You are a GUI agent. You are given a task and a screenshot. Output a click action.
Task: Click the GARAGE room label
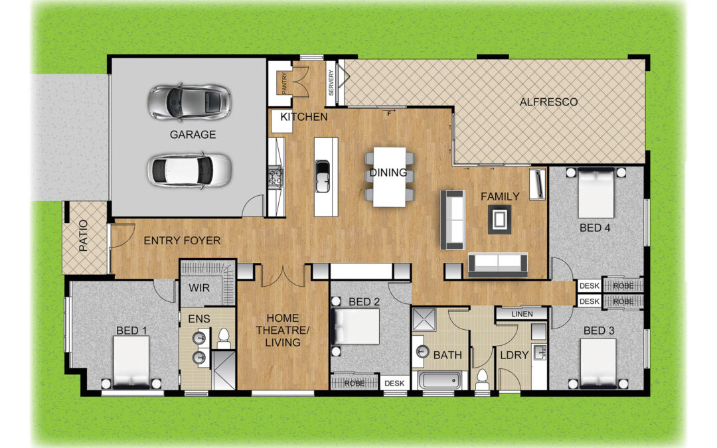[x=193, y=134]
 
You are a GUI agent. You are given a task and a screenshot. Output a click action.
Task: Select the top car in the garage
[x=189, y=102]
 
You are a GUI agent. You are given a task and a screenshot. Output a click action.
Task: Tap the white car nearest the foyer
[x=189, y=170]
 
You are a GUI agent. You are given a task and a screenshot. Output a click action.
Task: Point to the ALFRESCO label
[x=548, y=102]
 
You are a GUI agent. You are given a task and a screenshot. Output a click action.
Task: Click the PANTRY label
[x=284, y=83]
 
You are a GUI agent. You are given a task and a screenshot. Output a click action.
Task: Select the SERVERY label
[x=331, y=82]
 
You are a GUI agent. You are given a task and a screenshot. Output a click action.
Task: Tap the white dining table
[x=390, y=177]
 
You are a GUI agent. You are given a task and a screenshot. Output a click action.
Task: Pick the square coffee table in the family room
[x=499, y=220]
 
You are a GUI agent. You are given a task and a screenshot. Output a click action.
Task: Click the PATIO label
[x=83, y=236]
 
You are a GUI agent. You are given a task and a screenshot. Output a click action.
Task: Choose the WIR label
[x=199, y=288]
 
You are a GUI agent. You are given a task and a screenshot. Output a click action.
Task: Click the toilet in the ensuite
[x=224, y=336]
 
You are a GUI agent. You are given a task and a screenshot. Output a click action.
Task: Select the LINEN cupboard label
[x=522, y=314]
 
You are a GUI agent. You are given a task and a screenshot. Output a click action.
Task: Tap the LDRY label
[x=515, y=354]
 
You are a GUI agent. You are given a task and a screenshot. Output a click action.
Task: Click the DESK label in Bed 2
[x=394, y=383]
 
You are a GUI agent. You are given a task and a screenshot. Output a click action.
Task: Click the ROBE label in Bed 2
[x=355, y=383]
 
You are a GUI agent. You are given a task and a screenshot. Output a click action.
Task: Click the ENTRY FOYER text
[x=182, y=240]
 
